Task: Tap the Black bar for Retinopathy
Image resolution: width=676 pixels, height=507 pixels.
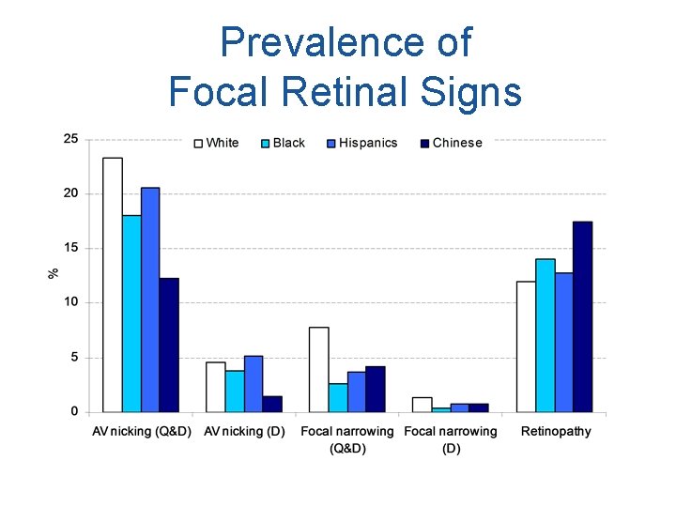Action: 545,335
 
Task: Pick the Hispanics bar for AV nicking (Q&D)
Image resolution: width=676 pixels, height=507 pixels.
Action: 150,300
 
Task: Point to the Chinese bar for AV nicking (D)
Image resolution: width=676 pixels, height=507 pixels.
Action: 272,404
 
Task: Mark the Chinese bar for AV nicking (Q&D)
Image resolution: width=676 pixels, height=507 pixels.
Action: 169,345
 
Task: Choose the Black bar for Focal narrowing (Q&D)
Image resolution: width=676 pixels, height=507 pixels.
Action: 338,397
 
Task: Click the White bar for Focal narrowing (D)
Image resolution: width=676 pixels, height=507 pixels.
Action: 422,405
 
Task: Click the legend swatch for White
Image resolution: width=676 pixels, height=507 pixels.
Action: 198,144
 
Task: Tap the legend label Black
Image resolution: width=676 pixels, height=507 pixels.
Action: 288,144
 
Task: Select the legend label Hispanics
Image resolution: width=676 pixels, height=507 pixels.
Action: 368,144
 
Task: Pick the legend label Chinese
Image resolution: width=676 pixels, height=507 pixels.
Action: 457,144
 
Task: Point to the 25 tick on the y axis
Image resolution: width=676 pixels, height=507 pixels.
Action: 70,139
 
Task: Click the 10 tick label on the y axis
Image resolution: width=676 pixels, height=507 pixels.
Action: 70,302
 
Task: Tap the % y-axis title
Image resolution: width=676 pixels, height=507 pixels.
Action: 54,273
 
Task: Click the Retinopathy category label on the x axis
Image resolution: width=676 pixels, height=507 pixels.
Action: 556,432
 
